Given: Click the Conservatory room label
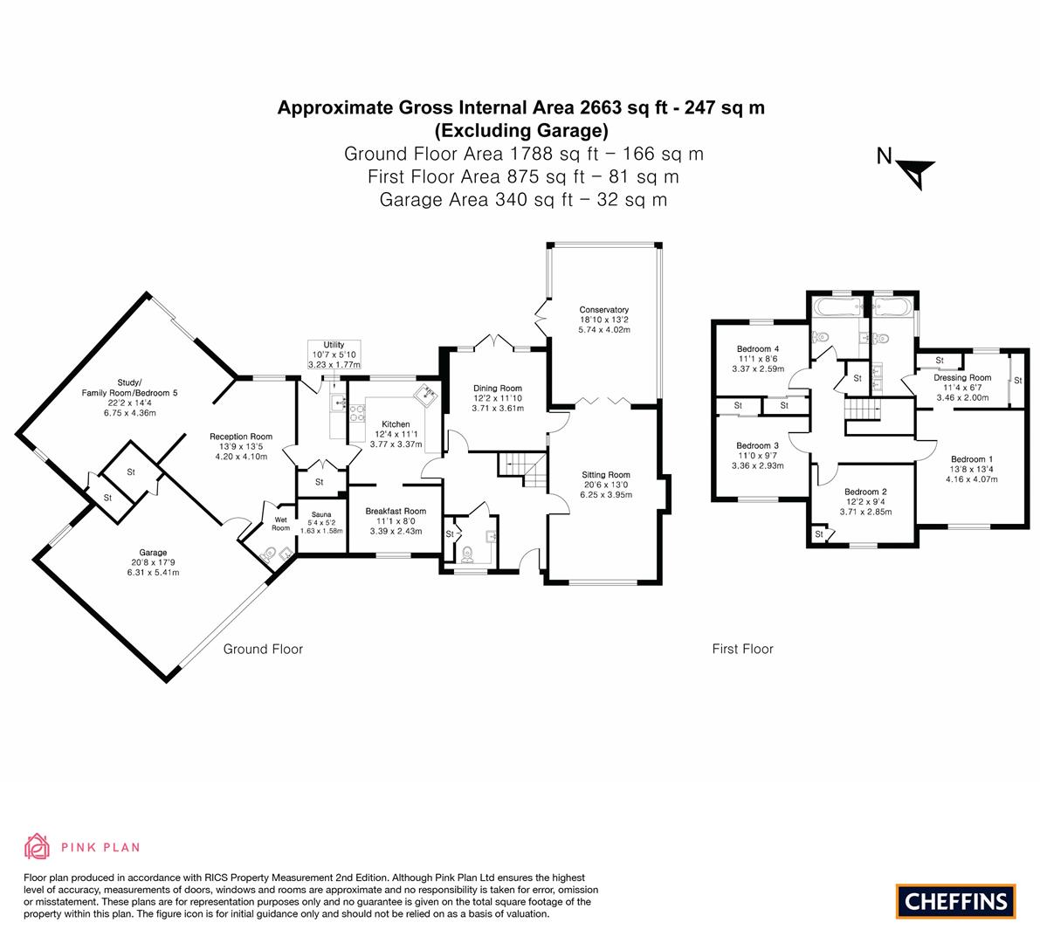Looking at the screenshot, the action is point(603,310).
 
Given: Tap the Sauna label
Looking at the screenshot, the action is point(321,514).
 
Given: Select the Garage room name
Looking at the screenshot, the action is point(153,553).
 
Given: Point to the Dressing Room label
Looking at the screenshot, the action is point(962,378).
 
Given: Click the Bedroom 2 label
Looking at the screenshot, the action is point(865,492).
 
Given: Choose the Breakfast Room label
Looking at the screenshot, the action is point(396,512).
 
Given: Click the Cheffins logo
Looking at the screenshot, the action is point(956,901).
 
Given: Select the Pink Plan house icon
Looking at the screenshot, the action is point(38,847).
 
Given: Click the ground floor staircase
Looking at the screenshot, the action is point(523,467).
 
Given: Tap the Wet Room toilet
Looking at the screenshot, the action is point(269,554).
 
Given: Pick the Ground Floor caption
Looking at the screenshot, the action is point(263,650).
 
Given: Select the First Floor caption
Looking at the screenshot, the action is point(743,650).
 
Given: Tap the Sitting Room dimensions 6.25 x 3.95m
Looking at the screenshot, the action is point(605,495).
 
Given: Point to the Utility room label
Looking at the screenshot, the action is point(334,345).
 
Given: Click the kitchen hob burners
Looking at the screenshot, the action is point(357,414).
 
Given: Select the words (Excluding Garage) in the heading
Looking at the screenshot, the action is point(521,131).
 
